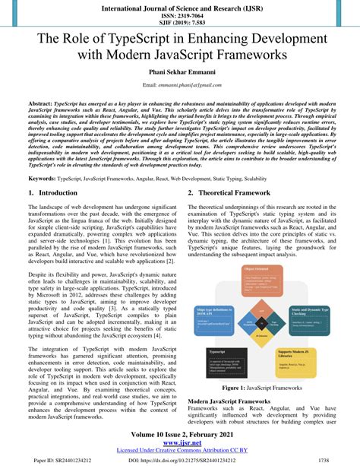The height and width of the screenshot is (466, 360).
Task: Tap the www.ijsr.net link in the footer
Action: [180, 443]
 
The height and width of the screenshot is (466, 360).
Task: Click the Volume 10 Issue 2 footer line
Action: [180, 435]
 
